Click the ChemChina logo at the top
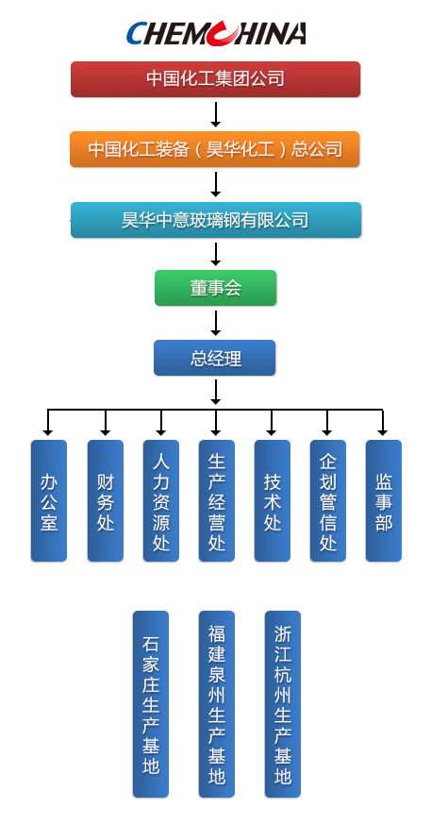tap(216, 34)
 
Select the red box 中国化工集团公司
tap(216, 79)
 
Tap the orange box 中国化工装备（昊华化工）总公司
tap(215, 149)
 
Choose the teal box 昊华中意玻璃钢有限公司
tap(216, 220)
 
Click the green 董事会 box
tap(216, 288)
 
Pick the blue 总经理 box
tap(215, 358)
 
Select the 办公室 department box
tap(49, 501)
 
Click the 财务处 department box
tap(106, 501)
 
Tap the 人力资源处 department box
tap(161, 501)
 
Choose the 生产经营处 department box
tap(217, 501)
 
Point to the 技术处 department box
tap(273, 501)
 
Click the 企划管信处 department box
tap(328, 501)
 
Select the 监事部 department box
tap(384, 501)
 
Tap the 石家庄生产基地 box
tap(151, 704)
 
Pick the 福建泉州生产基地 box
tap(217, 704)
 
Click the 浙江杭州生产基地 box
tap(283, 704)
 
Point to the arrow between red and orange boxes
tap(215, 114)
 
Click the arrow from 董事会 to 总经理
tap(215, 323)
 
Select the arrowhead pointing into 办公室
tap(48, 432)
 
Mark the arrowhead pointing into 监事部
tap(383, 432)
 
